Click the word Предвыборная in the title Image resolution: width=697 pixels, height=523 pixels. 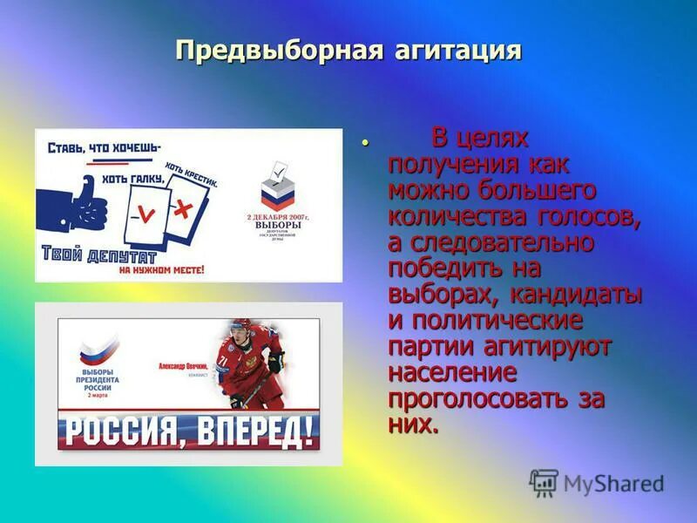click(274, 50)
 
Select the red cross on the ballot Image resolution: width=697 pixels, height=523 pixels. click(184, 207)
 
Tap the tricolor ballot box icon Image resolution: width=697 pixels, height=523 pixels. click(276, 186)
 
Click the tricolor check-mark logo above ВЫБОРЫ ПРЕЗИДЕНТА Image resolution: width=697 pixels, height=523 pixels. click(93, 350)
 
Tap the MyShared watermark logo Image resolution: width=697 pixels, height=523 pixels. click(597, 482)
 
